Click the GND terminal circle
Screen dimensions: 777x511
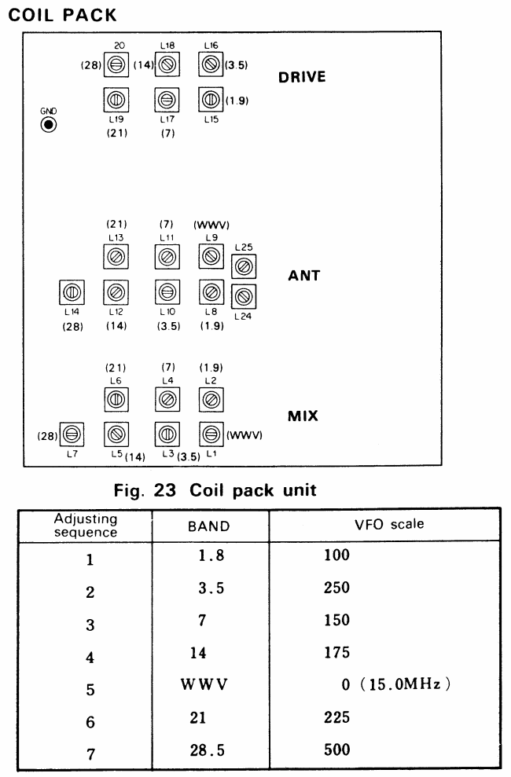49,125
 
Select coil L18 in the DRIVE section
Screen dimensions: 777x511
166,64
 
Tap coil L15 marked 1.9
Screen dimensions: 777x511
210,100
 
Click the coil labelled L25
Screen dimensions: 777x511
244,268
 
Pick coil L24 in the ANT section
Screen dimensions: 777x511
244,296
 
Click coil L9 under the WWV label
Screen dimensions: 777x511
210,255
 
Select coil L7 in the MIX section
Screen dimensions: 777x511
72,432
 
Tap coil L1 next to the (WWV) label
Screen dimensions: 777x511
210,432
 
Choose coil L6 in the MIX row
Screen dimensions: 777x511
116,400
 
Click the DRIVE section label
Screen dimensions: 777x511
302,78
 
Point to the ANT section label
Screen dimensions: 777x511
303,276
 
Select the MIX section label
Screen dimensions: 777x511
303,416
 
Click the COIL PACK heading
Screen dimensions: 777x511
61,14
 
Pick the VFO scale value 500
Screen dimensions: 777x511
336,750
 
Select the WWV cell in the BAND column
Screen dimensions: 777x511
204,684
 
